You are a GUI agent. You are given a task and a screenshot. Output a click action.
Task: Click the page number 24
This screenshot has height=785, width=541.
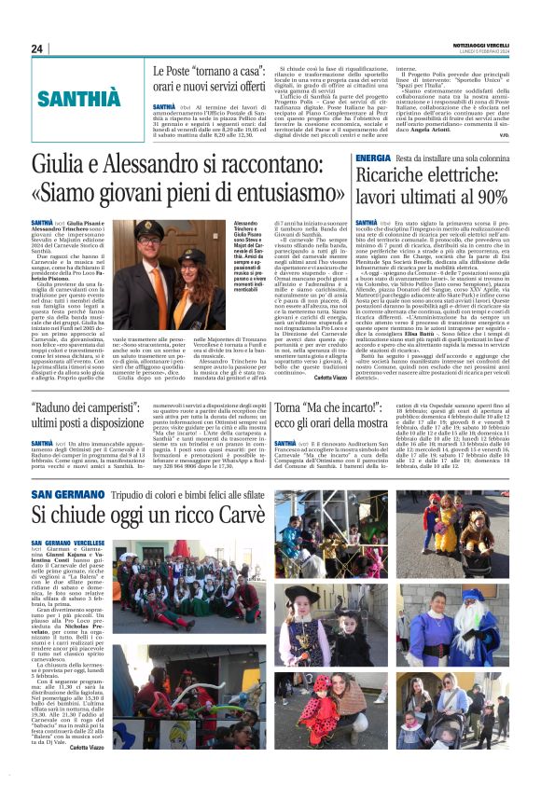37,48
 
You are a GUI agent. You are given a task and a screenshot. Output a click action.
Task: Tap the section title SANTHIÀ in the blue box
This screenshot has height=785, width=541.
79,98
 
